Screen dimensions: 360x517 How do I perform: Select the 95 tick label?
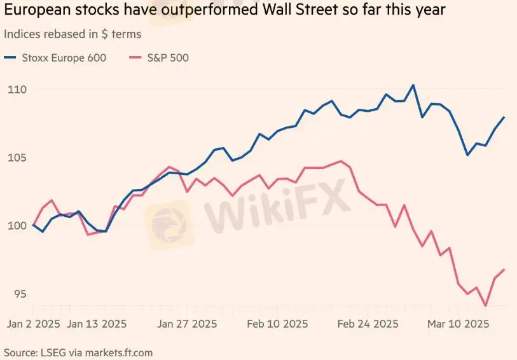click(x=15, y=294)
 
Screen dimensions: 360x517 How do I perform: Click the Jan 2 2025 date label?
click(x=33, y=324)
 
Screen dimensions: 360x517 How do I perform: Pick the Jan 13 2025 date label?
click(x=97, y=324)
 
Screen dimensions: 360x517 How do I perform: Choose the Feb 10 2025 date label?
click(x=277, y=324)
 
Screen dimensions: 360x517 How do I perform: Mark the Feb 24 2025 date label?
click(x=367, y=324)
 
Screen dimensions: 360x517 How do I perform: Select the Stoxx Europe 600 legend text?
click(x=63, y=58)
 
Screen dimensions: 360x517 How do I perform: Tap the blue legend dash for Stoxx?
click(x=11, y=58)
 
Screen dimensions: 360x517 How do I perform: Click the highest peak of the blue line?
click(x=413, y=85)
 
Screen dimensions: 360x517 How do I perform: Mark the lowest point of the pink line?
click(x=486, y=306)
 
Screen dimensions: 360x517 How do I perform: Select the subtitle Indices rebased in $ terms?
click(x=72, y=34)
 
